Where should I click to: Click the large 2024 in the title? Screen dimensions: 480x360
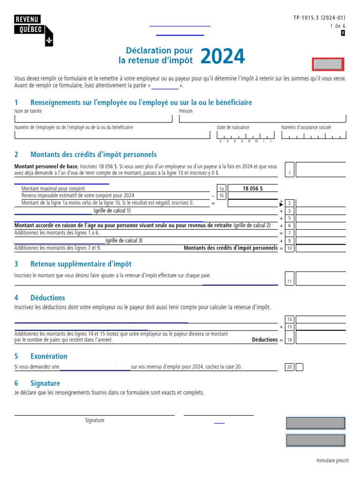[x=223, y=57]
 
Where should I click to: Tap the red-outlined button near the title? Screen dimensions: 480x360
[x=328, y=64]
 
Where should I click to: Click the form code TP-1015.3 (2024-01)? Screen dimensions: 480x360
[x=319, y=17]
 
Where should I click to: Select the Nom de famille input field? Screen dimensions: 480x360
[x=93, y=118]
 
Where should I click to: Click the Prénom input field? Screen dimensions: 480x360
[x=262, y=118]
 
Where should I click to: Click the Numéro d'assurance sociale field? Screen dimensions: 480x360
[x=314, y=135]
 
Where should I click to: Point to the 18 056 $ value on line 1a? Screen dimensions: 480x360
[x=253, y=188]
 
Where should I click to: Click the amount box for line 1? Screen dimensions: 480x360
[x=321, y=169]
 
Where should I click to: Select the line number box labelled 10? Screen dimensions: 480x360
[x=290, y=248]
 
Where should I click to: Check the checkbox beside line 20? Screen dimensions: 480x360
[x=300, y=367]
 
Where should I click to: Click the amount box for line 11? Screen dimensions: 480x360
[x=321, y=278]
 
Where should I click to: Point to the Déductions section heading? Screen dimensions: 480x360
[x=47, y=298]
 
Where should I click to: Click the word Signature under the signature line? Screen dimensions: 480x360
[x=95, y=420]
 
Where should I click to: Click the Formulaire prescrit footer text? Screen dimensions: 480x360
[x=332, y=461]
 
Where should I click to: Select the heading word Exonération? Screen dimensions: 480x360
[x=49, y=356]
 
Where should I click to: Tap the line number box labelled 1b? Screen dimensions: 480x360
[x=222, y=196]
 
